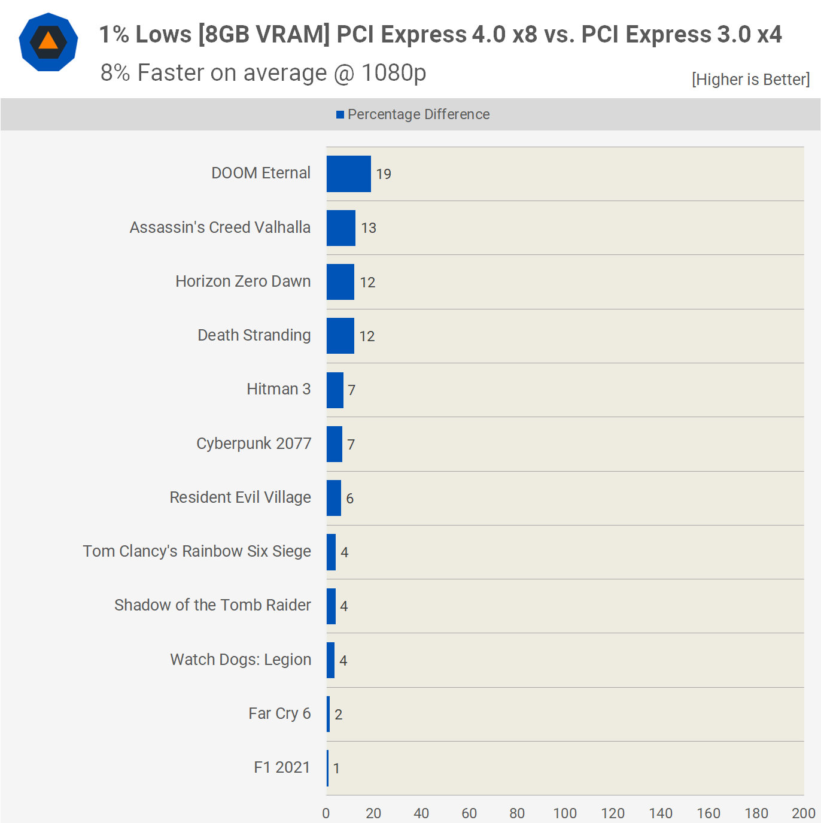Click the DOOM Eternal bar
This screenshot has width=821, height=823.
coord(348,174)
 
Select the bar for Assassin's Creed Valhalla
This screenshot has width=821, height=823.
coord(341,227)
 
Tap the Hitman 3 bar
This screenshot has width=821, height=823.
coord(335,390)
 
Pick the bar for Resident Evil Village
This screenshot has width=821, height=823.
coord(334,498)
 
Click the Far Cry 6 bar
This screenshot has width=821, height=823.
coord(329,713)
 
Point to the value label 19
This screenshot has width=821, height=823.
coord(384,174)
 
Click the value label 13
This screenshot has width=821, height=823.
coord(369,228)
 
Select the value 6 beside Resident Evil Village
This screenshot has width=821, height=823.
coord(350,499)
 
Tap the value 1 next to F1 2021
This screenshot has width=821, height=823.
coord(337,769)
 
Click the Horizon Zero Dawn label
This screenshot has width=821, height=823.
coord(243,281)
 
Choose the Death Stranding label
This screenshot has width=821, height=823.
coord(254,335)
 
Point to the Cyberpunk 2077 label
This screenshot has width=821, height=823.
coord(254,444)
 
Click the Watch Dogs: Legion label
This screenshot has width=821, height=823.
coord(241,660)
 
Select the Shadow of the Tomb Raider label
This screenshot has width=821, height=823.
coord(212,605)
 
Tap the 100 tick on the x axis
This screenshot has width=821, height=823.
coord(565,813)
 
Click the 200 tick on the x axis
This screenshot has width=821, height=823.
coord(803,813)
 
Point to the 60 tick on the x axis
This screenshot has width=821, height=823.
coord(469,813)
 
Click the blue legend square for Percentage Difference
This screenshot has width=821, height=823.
coord(340,114)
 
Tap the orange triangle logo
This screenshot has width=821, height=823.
coord(48,41)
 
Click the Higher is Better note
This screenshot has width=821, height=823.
coord(750,80)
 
